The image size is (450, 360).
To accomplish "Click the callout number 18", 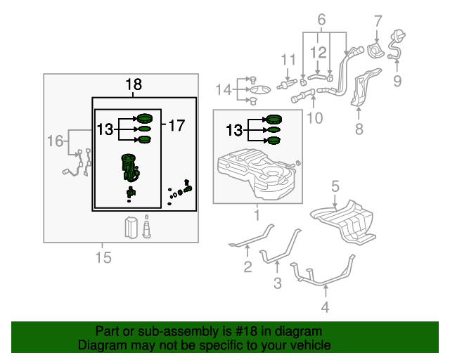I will point(134,85).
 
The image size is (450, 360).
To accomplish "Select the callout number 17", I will point(176,126).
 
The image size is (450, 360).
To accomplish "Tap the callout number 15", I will point(103,258).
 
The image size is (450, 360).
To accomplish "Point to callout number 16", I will point(55,141).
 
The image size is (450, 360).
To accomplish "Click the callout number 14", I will point(223,89).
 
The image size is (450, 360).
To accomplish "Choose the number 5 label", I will point(335,186).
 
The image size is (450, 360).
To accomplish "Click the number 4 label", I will point(324,307).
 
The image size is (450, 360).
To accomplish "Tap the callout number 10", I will point(315,117).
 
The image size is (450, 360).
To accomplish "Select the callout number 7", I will point(378,21).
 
